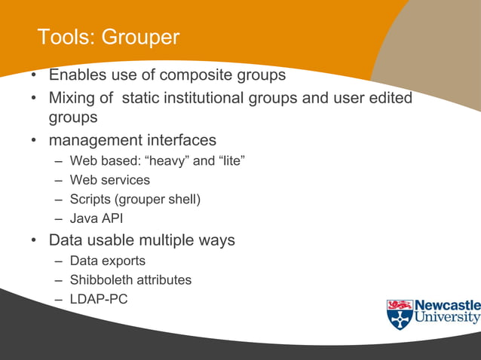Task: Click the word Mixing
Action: (x=75, y=98)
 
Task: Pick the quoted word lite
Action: (x=231, y=160)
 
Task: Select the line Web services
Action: (x=109, y=180)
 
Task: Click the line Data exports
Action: (x=107, y=261)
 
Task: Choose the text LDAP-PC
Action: (x=99, y=300)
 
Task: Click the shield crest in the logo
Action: (x=400, y=315)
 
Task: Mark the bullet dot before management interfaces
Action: (x=34, y=141)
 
